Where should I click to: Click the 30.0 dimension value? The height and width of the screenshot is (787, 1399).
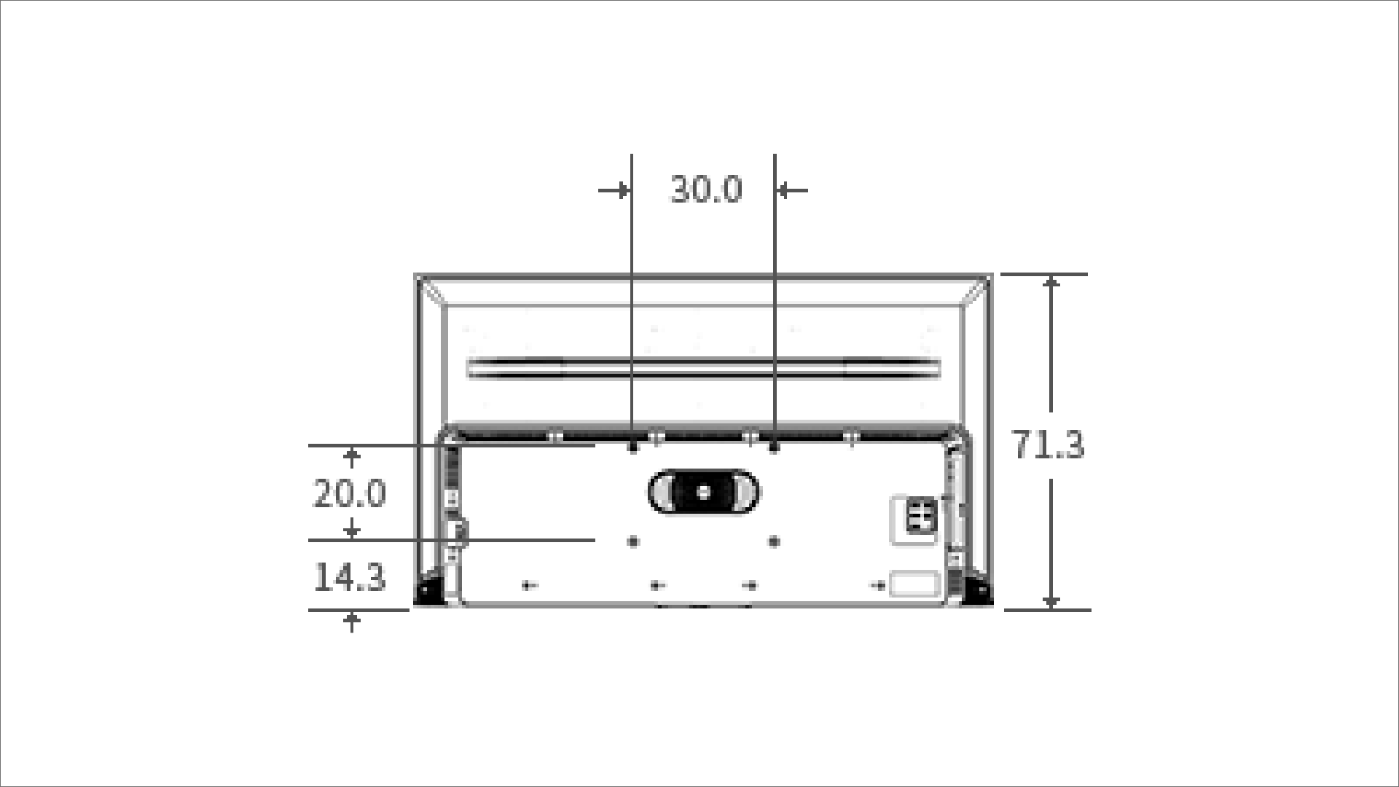[706, 189]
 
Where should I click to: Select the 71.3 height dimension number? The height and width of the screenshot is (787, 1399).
[1049, 445]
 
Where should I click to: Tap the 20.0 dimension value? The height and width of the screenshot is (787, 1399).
[349, 494]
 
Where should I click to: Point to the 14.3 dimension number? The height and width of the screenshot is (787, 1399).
[349, 578]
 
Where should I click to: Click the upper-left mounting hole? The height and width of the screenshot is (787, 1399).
[632, 447]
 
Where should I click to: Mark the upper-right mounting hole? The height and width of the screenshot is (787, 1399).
[774, 447]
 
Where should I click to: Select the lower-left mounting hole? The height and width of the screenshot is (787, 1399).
[632, 541]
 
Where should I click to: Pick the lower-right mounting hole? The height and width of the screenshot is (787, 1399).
[774, 541]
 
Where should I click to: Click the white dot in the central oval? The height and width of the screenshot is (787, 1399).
[703, 493]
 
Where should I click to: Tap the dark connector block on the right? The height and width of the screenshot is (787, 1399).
[920, 516]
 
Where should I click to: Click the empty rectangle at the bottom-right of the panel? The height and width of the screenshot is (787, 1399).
[914, 584]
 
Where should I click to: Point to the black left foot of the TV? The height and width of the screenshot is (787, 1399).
[431, 590]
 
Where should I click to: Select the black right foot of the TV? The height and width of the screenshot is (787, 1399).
[975, 590]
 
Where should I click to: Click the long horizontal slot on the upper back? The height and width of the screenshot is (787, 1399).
[703, 368]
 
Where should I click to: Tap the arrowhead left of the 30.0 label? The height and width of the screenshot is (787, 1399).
[622, 191]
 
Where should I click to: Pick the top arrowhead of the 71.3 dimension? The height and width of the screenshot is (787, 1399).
[1051, 283]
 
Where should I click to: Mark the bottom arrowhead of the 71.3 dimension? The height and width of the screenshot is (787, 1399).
[1051, 601]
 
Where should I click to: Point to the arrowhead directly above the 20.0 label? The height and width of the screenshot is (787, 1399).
[352, 455]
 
